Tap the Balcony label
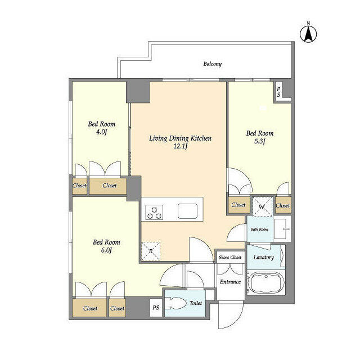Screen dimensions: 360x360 (213, 64)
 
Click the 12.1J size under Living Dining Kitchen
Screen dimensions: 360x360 (181, 146)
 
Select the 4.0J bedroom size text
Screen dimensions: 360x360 (102, 132)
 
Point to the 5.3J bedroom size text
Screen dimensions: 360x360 (260, 141)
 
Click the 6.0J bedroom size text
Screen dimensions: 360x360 (106, 250)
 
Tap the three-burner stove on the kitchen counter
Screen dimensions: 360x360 (154, 213)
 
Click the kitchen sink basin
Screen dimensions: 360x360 (187, 211)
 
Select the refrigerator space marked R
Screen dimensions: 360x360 (151, 251)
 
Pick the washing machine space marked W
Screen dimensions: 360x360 (262, 206)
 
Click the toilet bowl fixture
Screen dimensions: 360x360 (176, 304)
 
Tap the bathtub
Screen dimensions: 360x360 (266, 282)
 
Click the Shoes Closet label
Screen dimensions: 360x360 (230, 258)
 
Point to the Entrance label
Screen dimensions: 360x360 (230, 282)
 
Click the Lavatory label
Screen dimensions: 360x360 (264, 258)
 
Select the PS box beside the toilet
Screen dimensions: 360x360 (156, 308)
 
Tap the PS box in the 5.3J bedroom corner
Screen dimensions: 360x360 (278, 92)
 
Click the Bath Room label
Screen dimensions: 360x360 (259, 229)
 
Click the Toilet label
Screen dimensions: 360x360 (196, 303)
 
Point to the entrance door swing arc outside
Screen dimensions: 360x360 (236, 319)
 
